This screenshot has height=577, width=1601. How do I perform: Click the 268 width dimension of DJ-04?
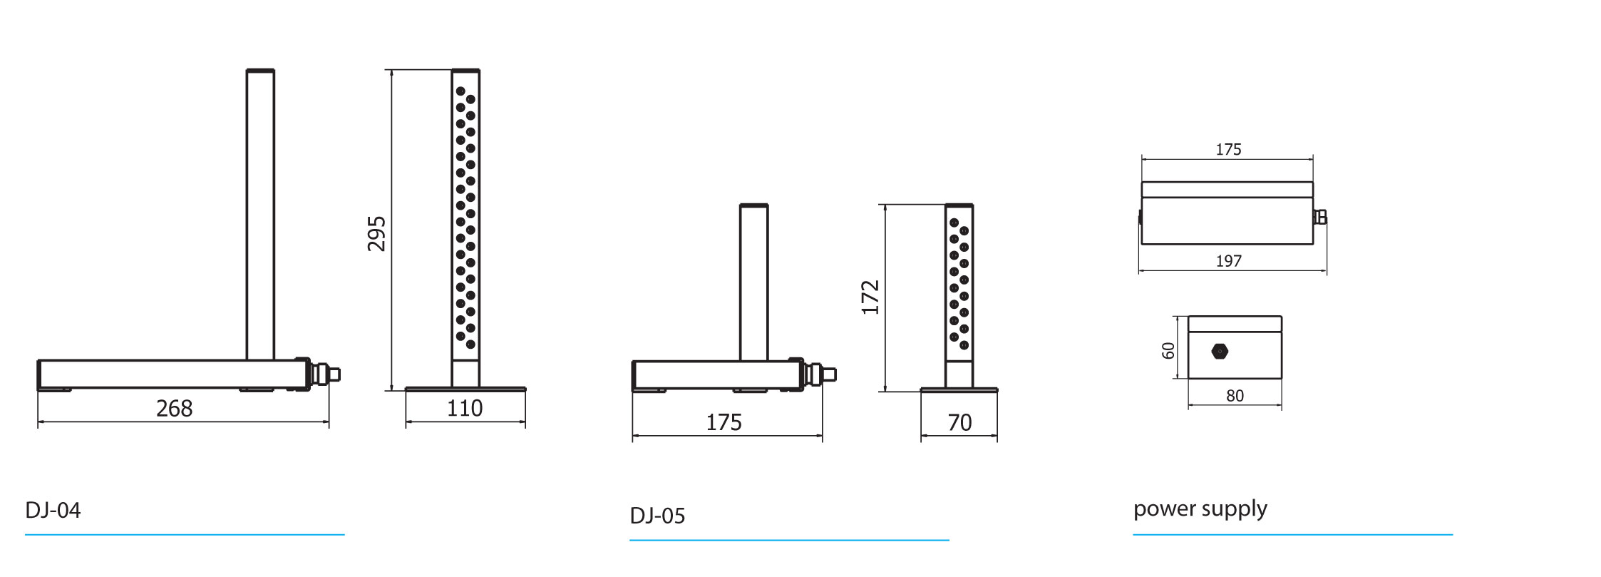[x=174, y=408]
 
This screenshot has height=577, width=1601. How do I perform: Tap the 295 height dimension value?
[x=376, y=233]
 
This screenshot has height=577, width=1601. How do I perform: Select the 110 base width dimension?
[x=465, y=408]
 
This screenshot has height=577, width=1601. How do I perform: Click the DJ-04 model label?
[x=53, y=510]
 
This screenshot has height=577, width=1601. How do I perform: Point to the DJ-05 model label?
[x=657, y=516]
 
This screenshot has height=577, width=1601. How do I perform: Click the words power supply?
[x=1200, y=509]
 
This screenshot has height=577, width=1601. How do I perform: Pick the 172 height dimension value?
[x=870, y=297]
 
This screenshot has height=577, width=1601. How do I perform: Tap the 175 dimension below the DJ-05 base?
[x=724, y=422]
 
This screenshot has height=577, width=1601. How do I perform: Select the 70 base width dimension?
[x=959, y=422]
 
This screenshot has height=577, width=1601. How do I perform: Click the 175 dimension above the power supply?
[x=1228, y=149]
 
